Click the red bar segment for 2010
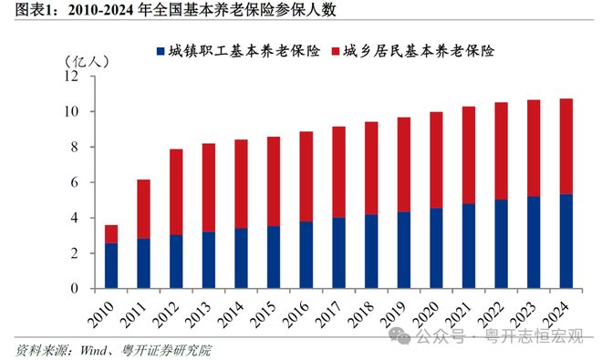point(110,233)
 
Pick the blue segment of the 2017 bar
point(338,252)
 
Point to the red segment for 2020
point(436,160)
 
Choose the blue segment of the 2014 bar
point(241,258)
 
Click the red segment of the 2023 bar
point(534,149)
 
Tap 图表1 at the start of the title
point(21,11)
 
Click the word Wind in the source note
point(86,348)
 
